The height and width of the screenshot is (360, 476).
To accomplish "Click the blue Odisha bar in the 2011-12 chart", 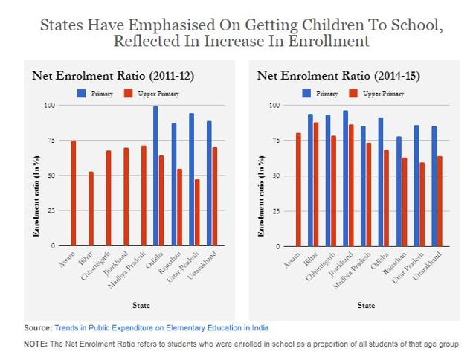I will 156,176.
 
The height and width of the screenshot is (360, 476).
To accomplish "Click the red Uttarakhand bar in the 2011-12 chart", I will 216,196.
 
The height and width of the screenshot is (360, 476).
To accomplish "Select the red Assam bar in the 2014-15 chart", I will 298,190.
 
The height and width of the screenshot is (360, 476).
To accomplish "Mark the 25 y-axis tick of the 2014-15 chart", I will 275,210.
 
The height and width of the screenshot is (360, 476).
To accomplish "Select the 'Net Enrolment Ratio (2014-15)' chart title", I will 327,75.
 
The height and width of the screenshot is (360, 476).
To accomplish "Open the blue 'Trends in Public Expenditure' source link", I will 161,327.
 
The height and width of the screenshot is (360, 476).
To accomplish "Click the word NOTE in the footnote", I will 35,344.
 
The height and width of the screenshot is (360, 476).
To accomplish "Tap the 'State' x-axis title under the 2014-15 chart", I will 366,305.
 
